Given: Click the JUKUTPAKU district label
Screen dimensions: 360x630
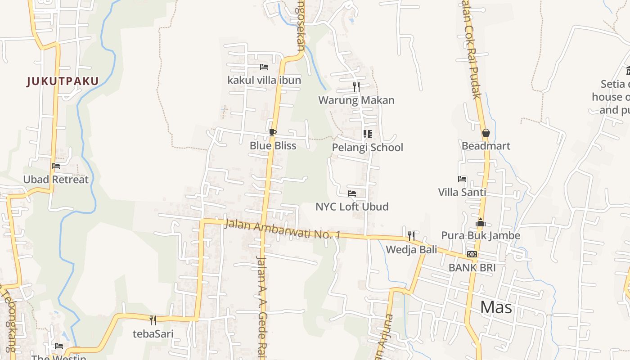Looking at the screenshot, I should coord(63,81).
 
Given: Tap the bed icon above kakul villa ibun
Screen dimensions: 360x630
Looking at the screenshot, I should coord(264,67).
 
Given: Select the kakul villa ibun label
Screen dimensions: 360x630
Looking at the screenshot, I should coord(264,80).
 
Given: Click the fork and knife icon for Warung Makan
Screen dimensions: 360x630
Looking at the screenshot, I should coord(356,86).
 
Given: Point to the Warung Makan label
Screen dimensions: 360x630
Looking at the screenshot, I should coord(356,100).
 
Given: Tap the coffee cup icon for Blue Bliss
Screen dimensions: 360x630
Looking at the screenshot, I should coord(272,132).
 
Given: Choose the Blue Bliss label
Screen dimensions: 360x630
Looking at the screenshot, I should coord(273,145).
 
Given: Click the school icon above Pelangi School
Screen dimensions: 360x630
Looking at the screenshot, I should coord(367,134).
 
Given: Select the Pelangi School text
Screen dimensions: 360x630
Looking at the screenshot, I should coord(367,147).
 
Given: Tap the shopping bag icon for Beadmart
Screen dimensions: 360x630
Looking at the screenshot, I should coord(486,133).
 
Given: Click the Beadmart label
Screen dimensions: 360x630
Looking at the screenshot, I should coord(486,146).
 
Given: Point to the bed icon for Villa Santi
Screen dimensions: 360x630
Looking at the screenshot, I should coord(462,179).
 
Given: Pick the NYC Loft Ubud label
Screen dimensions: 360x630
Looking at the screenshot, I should coord(352,207).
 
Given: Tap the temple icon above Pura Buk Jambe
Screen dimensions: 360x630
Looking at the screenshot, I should coord(481,222).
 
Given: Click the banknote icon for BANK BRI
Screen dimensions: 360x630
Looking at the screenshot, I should coord(472,254).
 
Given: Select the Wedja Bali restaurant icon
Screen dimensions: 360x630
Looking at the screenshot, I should coord(411,236).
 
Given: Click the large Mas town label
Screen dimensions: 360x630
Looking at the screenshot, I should coord(496,307).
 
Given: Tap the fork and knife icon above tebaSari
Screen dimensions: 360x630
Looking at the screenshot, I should coord(153,320).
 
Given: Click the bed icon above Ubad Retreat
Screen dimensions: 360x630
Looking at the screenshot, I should coord(56,166).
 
